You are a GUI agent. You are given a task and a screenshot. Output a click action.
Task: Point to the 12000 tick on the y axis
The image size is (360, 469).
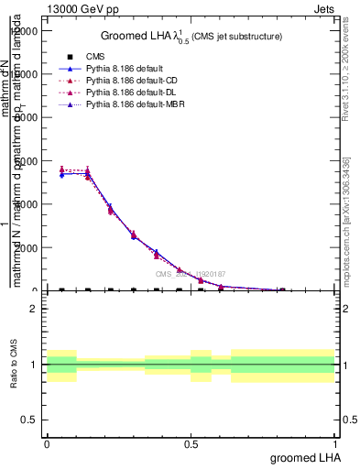pos(24,30)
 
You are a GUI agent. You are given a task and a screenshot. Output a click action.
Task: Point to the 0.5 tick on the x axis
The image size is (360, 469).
pos(191,442)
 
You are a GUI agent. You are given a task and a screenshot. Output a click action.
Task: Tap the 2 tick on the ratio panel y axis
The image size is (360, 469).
pos(33,309)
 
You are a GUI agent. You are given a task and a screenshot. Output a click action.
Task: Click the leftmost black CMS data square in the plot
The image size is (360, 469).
pos(61,289)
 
